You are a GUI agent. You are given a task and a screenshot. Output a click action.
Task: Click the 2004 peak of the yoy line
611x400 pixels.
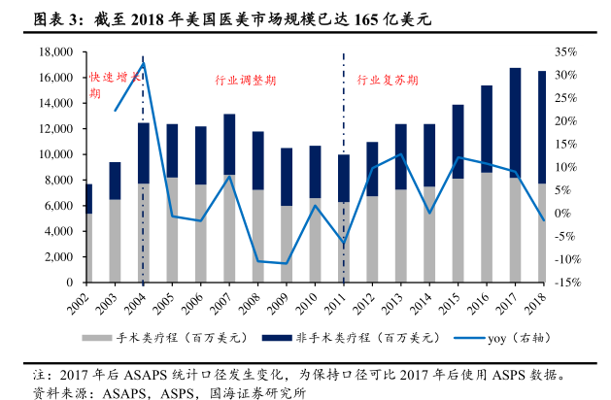point(144,63)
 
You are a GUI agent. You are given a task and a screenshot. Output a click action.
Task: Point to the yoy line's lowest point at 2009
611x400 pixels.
point(287,263)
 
